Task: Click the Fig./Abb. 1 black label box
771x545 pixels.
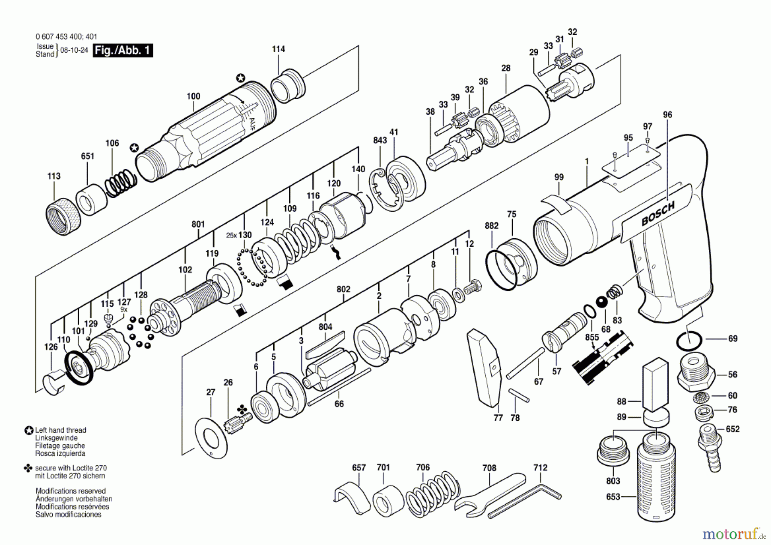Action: tap(123, 51)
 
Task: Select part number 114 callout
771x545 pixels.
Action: tap(278, 49)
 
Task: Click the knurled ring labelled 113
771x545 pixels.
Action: tap(63, 216)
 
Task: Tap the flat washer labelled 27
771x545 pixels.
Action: tap(211, 437)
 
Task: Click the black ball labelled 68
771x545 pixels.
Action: tap(602, 302)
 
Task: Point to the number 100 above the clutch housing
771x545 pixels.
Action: tap(193, 96)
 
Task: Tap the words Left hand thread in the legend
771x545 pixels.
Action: tap(60, 430)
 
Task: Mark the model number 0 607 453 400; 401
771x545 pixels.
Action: tap(66, 37)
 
